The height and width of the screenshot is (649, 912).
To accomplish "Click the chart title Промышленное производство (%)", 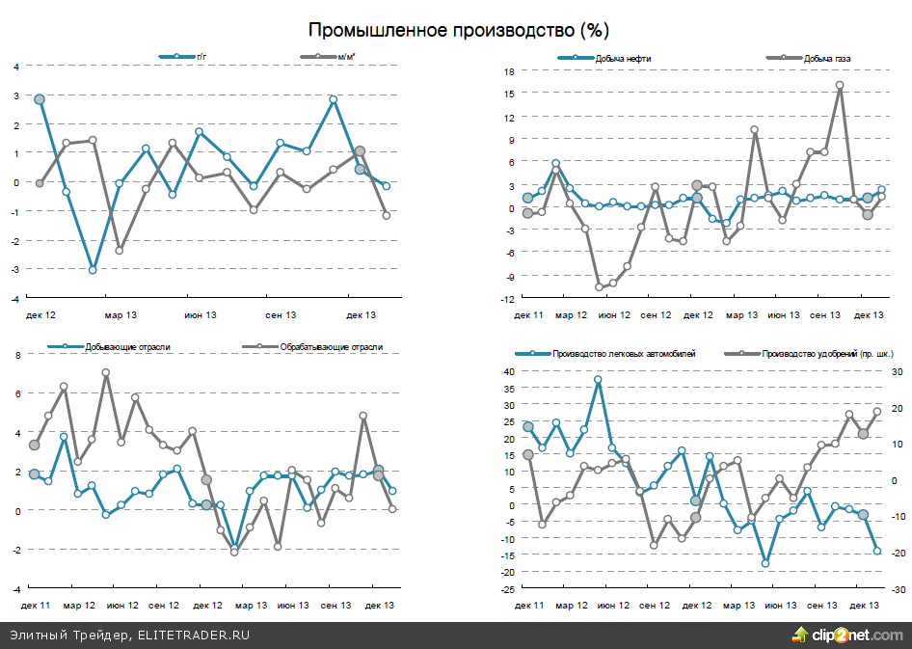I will point(458,30).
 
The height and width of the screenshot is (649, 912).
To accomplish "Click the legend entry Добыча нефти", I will point(623,59).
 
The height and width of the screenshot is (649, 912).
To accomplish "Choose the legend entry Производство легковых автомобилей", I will point(624,354).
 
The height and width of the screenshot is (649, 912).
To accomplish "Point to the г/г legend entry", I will point(201,58).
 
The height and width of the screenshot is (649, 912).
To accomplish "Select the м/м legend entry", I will point(342,58).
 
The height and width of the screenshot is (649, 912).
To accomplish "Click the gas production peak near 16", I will point(840,85).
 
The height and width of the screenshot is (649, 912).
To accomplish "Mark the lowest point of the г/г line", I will point(93,270).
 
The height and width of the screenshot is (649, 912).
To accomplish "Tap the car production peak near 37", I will point(598,380).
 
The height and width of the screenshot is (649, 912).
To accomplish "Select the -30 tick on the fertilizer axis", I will point(896,589).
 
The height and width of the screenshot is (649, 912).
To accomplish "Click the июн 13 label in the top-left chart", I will point(200,315).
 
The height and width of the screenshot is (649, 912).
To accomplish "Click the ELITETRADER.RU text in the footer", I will point(194,635).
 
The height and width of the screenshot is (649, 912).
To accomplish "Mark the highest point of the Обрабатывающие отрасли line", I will point(106,372).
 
